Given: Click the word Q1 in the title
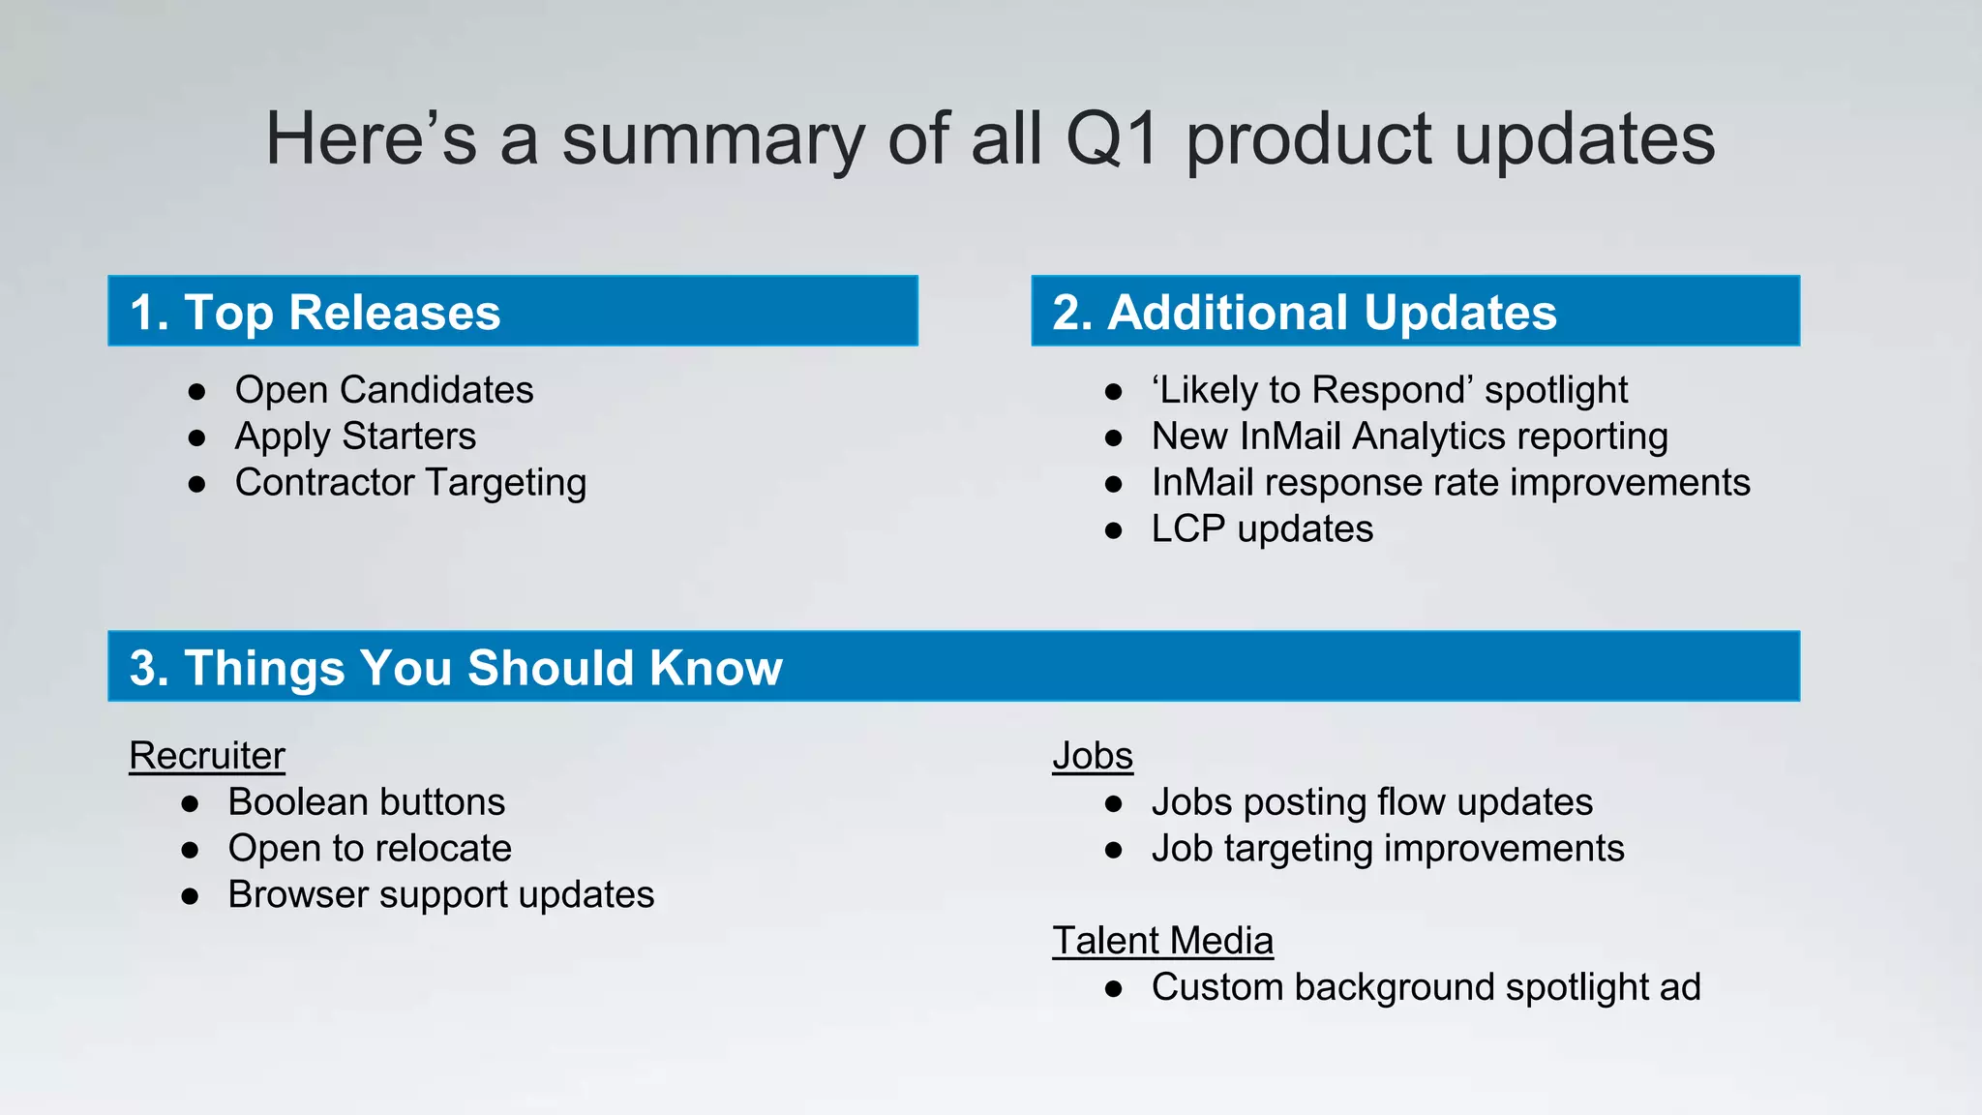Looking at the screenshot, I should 1111,138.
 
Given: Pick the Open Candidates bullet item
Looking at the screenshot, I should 383,390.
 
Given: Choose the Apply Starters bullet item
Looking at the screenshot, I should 355,437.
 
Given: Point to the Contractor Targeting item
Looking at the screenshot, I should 410,483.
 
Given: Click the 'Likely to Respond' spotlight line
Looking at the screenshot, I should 1389,390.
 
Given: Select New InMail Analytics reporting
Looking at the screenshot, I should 1409,437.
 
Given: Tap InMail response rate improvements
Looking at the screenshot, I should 1450,483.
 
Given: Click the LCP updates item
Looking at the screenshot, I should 1262,529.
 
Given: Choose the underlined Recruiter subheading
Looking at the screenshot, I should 207,756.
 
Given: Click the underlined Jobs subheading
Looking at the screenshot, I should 1093,756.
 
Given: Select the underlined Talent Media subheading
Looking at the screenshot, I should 1162,941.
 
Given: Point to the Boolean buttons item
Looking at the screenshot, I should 366,802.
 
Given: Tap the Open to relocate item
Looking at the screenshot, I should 370,849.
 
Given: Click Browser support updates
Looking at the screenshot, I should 440,895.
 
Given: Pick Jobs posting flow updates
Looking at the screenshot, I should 1371,802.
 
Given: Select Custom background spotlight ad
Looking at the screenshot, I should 1426,987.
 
